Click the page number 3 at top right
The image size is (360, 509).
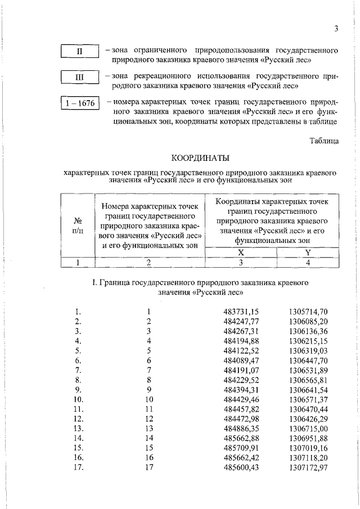(335, 29)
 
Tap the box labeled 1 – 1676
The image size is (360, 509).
(80, 103)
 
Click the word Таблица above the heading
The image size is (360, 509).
(323, 141)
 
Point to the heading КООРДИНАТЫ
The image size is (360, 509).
(200, 159)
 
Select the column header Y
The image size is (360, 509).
(308, 253)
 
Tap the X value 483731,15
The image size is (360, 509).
(241, 311)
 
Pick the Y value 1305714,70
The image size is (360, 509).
(308, 311)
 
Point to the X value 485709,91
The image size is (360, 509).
(241, 447)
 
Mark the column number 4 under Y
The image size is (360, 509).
(308, 262)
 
